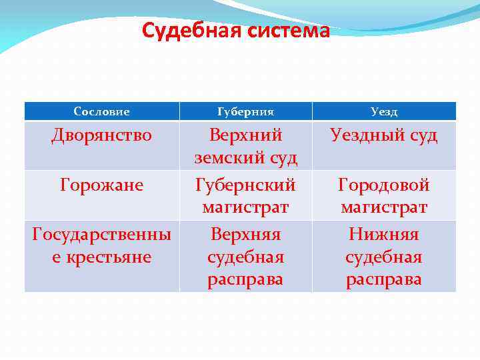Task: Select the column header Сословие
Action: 101,111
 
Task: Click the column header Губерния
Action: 245,111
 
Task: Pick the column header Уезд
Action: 384,111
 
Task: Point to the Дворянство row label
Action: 101,135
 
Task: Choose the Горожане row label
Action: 101,185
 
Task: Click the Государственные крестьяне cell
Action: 101,245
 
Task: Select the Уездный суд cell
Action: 384,135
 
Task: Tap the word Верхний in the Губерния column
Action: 245,135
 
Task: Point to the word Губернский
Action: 245,185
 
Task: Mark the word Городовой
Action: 384,185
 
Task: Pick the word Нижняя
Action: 384,234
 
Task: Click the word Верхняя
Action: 245,234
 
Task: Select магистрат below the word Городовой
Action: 384,208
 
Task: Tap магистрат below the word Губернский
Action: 245,208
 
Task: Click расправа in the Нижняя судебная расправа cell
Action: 384,279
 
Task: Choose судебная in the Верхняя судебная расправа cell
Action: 245,257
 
